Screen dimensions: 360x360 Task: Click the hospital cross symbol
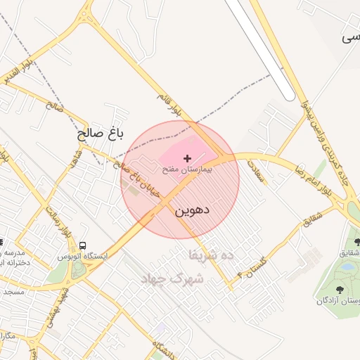point(186,159)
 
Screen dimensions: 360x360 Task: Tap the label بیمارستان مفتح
point(187,170)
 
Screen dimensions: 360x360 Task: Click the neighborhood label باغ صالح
point(101,134)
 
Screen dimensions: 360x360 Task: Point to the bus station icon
point(84,246)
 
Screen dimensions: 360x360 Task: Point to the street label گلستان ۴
point(254,268)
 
